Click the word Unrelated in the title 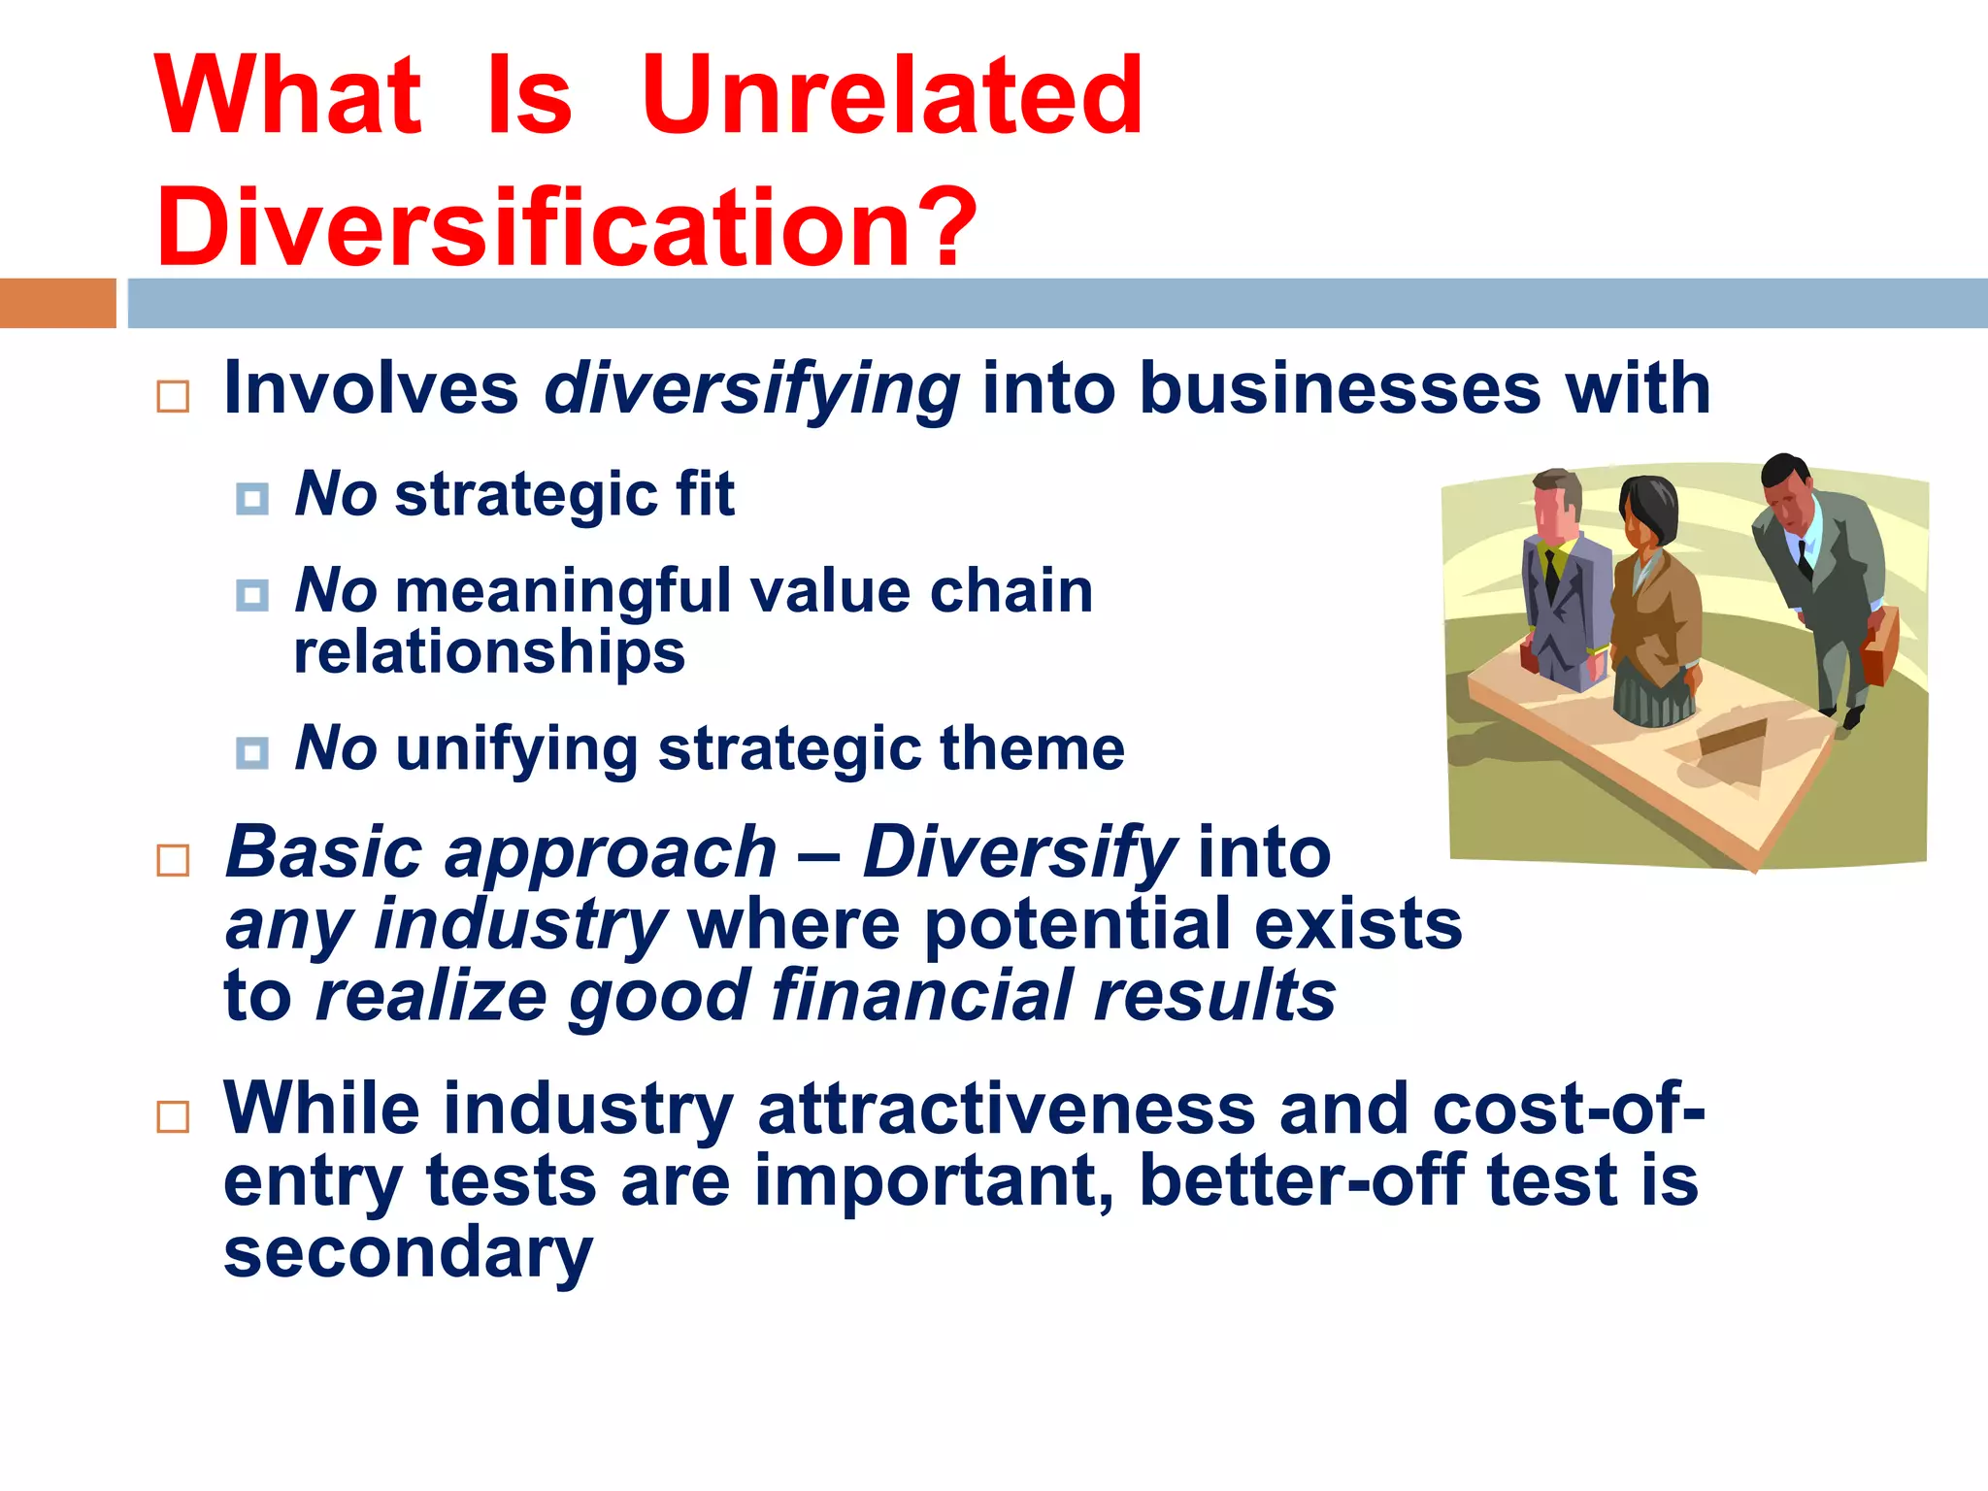[x=891, y=96]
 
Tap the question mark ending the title [x=942, y=227]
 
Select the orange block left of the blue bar [x=57, y=303]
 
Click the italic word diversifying [x=752, y=389]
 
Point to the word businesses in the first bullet [x=1340, y=389]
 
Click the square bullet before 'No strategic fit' [x=252, y=499]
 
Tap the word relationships [x=489, y=651]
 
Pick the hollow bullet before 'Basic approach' [x=173, y=860]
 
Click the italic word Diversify [x=1019, y=852]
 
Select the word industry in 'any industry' [x=520, y=924]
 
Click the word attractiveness [x=1006, y=1109]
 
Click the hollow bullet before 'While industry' [x=173, y=1117]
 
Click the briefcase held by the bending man [x=1878, y=646]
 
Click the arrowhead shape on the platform [x=1733, y=752]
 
